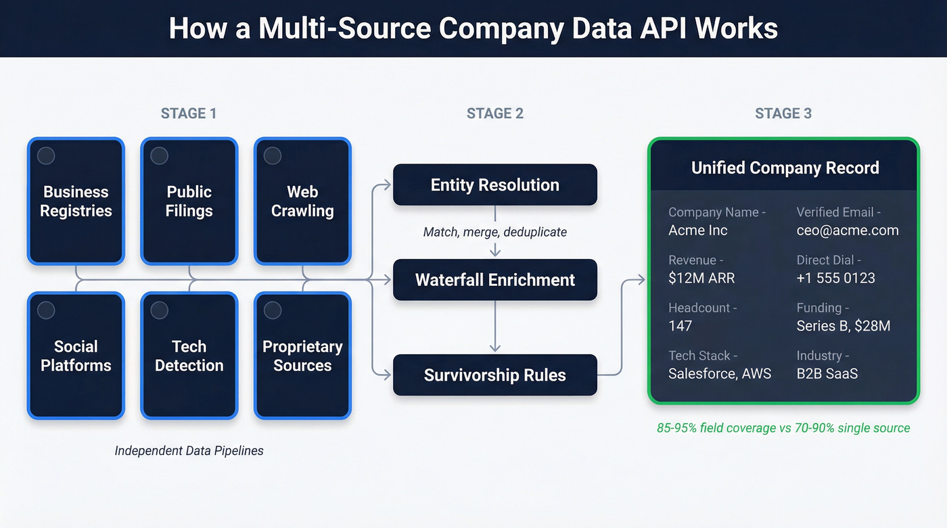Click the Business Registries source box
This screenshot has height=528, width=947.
[x=76, y=201]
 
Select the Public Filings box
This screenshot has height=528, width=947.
[x=189, y=201]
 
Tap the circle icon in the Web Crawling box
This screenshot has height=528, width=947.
[x=273, y=156]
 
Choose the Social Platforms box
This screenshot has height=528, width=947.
[x=76, y=356]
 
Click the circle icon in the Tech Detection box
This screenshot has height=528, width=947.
[x=159, y=310]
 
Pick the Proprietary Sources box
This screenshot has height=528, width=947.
[x=302, y=356]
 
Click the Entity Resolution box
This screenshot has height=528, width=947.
[x=494, y=185]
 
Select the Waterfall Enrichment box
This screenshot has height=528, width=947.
[x=494, y=280]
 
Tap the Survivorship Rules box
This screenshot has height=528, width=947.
[x=494, y=375]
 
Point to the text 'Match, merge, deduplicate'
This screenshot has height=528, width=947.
[x=494, y=232]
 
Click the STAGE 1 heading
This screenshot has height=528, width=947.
[x=189, y=114]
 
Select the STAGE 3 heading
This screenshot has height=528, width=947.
[x=783, y=114]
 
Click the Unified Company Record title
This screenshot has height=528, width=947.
[x=785, y=168]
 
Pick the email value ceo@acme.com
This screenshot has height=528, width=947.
[x=848, y=231]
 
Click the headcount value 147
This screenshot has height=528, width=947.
[x=680, y=326]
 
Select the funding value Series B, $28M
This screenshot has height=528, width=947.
[x=844, y=326]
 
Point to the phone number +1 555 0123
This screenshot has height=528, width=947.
[x=836, y=278]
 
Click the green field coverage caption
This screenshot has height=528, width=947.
[x=783, y=428]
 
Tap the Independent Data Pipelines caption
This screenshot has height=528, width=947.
[x=189, y=450]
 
